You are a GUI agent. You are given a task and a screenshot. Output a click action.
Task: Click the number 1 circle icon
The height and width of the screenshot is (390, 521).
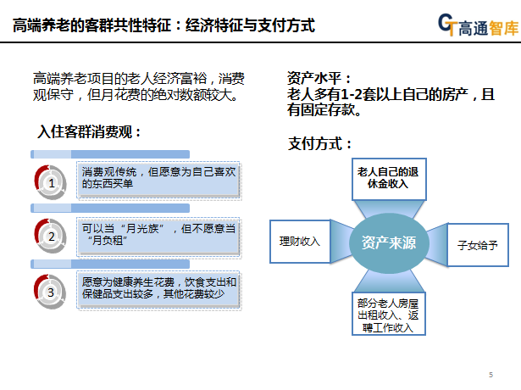click(x=51, y=182)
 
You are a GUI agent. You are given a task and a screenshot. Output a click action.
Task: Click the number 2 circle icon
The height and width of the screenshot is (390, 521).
click(x=51, y=236)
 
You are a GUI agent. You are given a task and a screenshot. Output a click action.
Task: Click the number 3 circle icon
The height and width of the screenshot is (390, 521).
click(x=51, y=292)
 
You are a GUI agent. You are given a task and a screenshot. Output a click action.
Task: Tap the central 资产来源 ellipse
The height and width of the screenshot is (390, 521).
click(x=389, y=243)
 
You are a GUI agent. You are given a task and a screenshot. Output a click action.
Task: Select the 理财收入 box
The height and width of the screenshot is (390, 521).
click(x=300, y=242)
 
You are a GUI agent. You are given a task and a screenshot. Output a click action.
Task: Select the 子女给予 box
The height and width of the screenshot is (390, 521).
click(x=478, y=245)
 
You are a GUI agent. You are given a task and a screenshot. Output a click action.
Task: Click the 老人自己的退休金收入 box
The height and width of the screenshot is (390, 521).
click(x=389, y=179)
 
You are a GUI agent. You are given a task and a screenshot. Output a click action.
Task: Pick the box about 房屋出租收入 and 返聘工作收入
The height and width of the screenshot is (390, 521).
click(x=389, y=314)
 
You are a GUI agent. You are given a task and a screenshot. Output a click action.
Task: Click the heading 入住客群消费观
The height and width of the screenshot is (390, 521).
click(x=89, y=131)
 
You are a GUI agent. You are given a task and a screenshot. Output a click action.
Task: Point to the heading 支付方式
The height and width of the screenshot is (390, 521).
click(x=319, y=143)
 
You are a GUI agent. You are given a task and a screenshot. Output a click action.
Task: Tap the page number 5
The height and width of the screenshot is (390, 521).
click(x=491, y=375)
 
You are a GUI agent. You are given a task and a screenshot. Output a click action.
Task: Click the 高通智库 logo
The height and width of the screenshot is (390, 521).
click(x=478, y=25)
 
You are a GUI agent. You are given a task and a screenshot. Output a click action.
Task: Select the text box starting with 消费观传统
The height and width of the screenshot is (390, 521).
click(x=158, y=180)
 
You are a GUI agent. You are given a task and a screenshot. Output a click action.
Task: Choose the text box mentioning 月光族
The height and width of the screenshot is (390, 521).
click(x=158, y=237)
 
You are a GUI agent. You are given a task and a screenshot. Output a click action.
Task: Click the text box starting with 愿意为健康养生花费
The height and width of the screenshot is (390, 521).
click(x=158, y=290)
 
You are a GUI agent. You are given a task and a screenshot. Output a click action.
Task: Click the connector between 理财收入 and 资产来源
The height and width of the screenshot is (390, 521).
click(x=341, y=242)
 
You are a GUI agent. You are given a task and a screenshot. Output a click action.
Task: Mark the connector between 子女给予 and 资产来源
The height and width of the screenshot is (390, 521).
click(x=437, y=245)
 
